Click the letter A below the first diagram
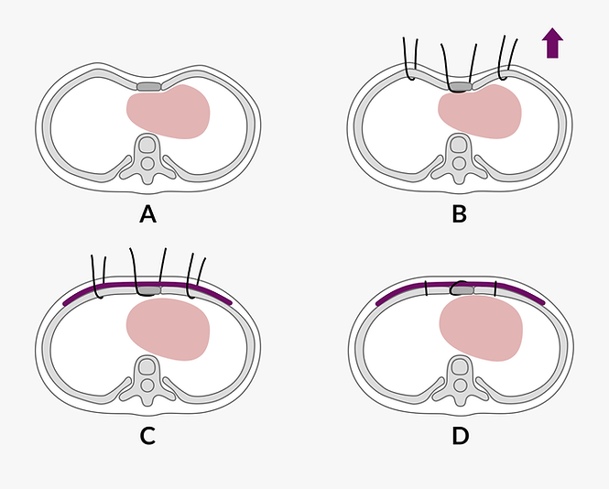[x=147, y=215]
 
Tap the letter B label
[x=459, y=215]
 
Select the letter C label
[x=147, y=437]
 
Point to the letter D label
[x=460, y=437]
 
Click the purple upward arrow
[x=552, y=42]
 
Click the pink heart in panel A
[x=169, y=112]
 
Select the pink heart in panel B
[x=480, y=112]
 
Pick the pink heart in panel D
[x=481, y=328]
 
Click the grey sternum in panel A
[x=148, y=86]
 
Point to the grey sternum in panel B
[x=460, y=87]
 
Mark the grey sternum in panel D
[x=462, y=290]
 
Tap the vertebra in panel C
[x=147, y=377]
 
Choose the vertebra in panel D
[x=460, y=377]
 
